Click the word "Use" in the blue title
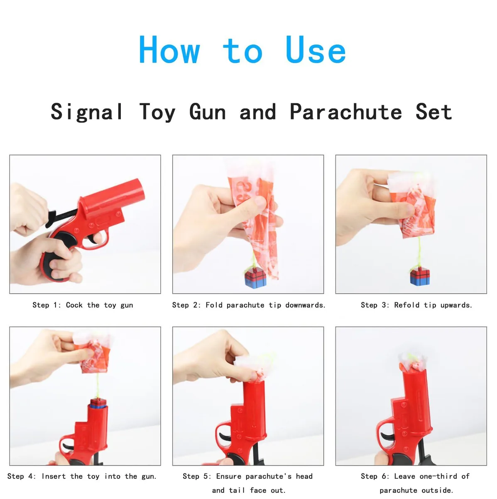(x=316, y=50)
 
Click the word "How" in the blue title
(x=169, y=50)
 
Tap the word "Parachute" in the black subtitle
(x=346, y=111)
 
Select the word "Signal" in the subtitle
(x=87, y=112)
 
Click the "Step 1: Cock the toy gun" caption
(x=83, y=305)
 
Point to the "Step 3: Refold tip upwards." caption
(x=416, y=305)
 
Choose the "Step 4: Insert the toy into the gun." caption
(x=82, y=476)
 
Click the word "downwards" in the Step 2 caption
(x=305, y=305)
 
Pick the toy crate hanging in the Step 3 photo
(x=420, y=277)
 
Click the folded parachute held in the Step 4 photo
(x=93, y=353)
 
